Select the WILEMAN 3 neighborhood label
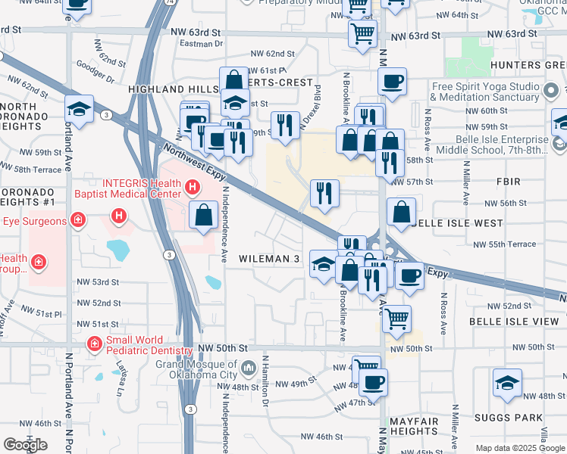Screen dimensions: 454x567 pos(269,259)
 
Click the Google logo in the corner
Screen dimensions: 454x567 pos(25,445)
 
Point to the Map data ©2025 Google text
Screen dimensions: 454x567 pos(519,448)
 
